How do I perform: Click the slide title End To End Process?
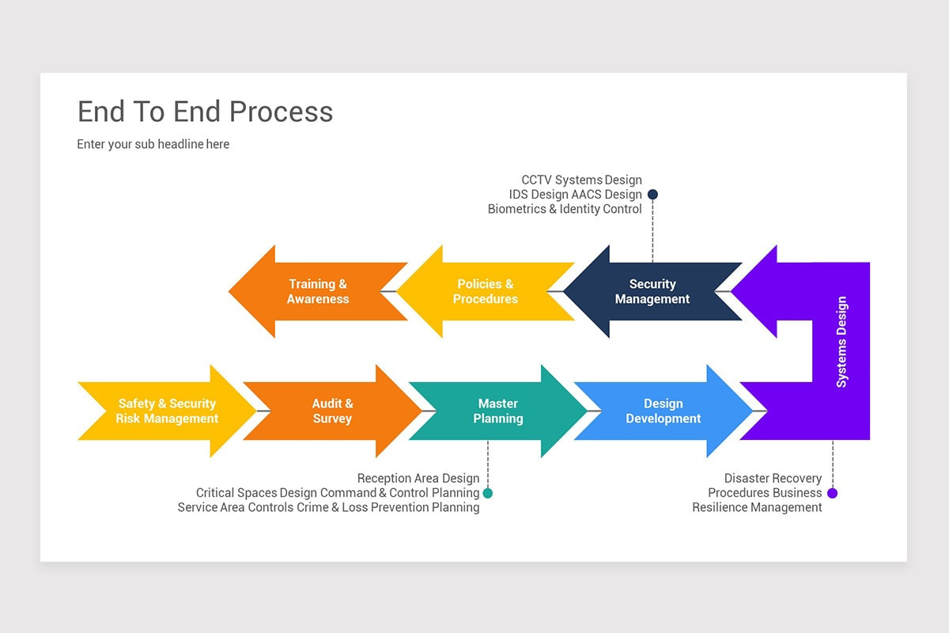(x=205, y=112)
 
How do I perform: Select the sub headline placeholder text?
(x=153, y=144)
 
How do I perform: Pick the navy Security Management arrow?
(x=652, y=291)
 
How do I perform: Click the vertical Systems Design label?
(x=841, y=342)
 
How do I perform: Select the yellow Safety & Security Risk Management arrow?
(x=167, y=411)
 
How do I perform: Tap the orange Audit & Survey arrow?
(x=332, y=411)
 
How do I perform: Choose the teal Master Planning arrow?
(x=498, y=411)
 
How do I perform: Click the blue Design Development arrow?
(x=664, y=411)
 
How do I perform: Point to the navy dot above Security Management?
(x=652, y=194)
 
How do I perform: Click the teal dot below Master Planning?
(x=488, y=493)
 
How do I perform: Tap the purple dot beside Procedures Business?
(x=832, y=493)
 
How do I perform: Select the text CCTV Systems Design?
(x=581, y=180)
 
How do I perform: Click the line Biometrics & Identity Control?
(x=565, y=209)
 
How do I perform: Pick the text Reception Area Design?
(x=418, y=478)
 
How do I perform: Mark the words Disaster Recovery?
(x=773, y=478)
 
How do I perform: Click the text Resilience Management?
(x=757, y=507)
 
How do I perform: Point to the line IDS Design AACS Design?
(x=575, y=195)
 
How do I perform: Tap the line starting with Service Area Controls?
(x=328, y=507)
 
